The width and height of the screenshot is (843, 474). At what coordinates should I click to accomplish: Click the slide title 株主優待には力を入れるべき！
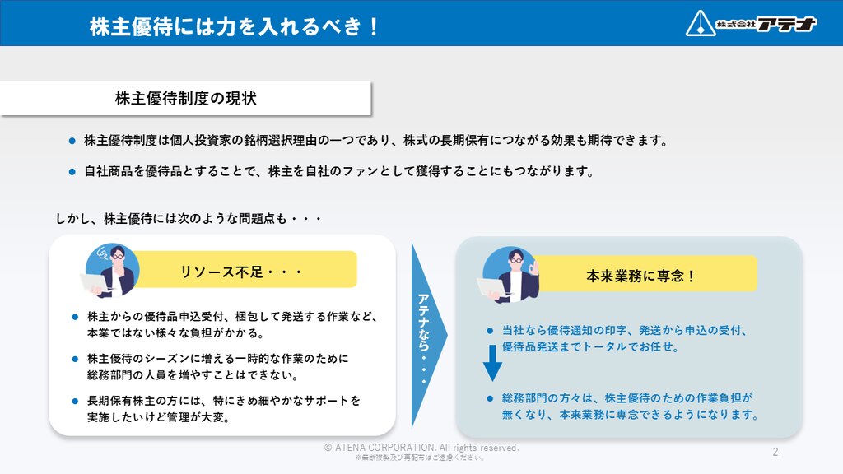235,26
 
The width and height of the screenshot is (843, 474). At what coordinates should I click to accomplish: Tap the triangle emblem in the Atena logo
700,24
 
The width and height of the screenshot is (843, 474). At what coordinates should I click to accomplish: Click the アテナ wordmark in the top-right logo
786,24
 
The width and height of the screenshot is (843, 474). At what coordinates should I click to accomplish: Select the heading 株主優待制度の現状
185,99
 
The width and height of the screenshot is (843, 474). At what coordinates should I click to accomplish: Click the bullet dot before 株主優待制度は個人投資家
72,141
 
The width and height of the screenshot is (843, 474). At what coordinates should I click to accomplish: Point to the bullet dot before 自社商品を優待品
72,172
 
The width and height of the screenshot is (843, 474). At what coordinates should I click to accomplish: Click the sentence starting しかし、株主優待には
189,218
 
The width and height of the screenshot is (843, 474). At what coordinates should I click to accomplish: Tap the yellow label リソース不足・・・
245,269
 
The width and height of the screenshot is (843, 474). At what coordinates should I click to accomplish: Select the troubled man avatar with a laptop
110,270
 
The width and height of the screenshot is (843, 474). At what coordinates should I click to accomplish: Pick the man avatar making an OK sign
508,274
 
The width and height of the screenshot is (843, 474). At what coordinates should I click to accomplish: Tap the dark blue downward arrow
492,363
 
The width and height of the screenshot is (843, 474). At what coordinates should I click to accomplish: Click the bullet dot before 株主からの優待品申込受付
75,317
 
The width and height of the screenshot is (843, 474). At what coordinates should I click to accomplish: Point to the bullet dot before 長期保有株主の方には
75,401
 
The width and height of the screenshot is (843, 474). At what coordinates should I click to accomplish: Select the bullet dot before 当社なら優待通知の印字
490,331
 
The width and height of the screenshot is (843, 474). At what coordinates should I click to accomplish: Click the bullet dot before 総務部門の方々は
490,398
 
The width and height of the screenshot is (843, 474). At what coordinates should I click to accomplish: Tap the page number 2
775,452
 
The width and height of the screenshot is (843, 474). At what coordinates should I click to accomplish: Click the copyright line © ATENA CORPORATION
421,448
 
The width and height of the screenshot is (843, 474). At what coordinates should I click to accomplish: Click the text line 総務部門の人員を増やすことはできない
193,374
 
